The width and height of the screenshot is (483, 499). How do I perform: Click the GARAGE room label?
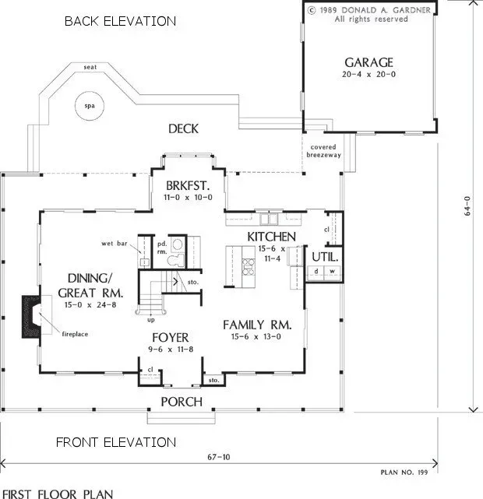(x=368, y=62)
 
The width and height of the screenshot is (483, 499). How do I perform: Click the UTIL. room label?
(x=323, y=255)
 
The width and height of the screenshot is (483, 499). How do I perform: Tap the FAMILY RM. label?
(x=257, y=324)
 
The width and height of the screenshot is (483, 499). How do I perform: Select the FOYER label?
(x=170, y=338)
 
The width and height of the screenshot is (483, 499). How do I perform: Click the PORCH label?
(x=182, y=402)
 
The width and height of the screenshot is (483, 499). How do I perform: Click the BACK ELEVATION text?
(x=120, y=21)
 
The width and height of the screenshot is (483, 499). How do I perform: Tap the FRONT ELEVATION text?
(x=115, y=442)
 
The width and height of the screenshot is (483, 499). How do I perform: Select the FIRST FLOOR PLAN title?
(x=57, y=493)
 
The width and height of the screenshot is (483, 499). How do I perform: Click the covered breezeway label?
(x=323, y=150)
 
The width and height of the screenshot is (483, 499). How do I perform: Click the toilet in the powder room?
(x=178, y=244)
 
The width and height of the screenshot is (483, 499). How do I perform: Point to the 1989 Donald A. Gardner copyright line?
(x=370, y=11)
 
